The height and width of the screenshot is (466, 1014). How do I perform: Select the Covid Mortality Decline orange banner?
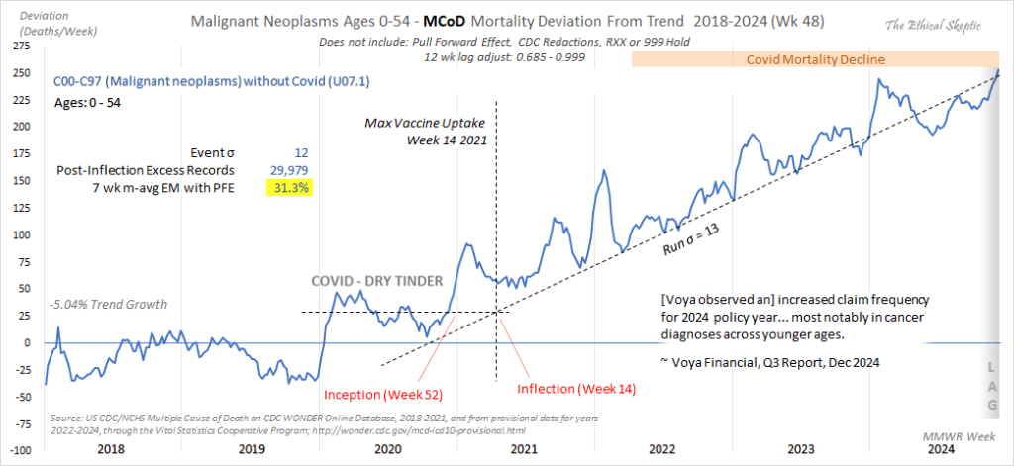click(815, 60)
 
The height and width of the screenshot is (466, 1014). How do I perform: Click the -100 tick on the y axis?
click(20, 450)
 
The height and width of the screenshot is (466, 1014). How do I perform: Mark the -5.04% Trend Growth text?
click(108, 304)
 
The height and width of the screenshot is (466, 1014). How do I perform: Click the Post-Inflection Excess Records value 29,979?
click(287, 170)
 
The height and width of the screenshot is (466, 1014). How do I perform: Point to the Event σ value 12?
click(301, 153)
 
